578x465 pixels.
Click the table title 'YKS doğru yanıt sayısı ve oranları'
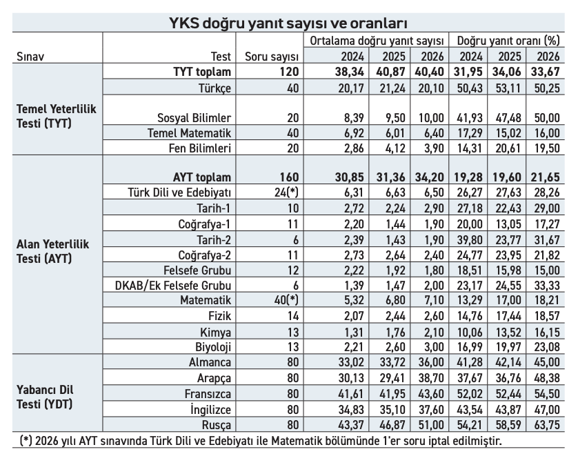tap(288, 23)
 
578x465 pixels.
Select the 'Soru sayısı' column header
tap(272, 57)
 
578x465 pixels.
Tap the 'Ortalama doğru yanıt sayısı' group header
tap(377, 41)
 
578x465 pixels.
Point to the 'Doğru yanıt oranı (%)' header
tap(508, 41)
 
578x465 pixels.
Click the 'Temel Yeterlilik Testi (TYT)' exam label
tap(57, 116)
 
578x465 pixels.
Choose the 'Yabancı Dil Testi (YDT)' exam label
tap(45, 397)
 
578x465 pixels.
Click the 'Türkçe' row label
tap(215, 88)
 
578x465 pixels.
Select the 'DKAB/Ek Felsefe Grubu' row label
tap(173, 286)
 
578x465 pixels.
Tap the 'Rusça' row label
tap(217, 425)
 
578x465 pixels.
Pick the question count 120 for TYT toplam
tap(289, 72)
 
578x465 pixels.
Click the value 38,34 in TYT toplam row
tap(350, 72)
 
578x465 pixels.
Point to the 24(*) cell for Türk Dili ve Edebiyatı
tap(286, 192)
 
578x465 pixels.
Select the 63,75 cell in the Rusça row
tap(545, 425)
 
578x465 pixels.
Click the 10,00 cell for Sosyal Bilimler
tap(431, 118)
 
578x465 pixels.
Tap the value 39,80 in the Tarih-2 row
tap(470, 240)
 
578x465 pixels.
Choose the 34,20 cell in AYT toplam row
tap(430, 177)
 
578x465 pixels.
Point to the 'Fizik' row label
tap(220, 316)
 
